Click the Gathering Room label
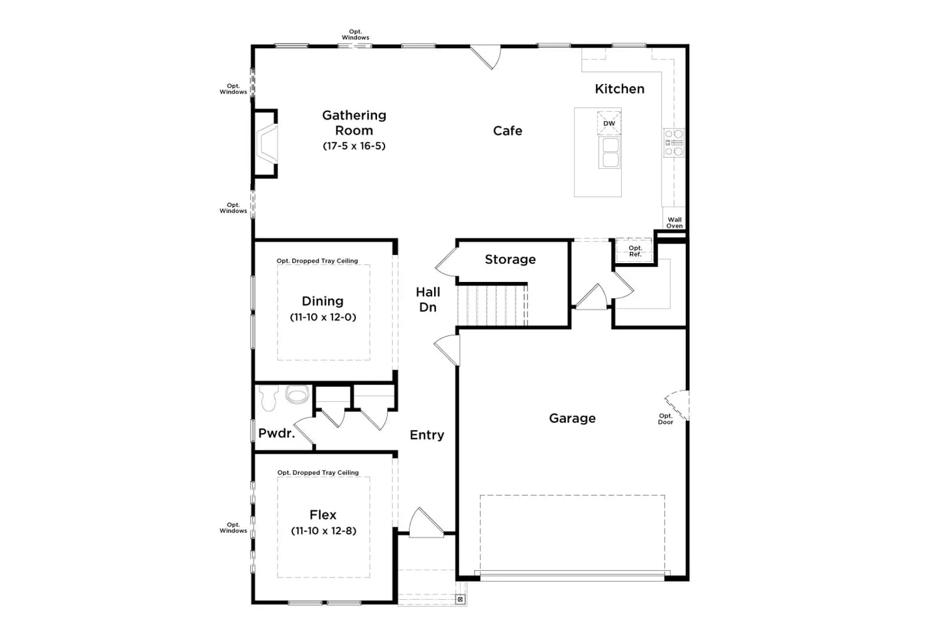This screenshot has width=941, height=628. [354, 122]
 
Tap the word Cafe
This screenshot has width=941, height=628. [508, 131]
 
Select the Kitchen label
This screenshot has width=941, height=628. [620, 89]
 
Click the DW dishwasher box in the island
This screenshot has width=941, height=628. [609, 123]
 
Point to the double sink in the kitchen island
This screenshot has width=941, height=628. [609, 152]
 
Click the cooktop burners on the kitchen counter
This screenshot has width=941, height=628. [674, 143]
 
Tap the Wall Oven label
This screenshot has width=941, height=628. [674, 222]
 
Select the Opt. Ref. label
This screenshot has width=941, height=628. [635, 251]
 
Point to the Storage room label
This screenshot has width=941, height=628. [510, 260]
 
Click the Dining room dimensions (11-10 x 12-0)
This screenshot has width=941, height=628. [323, 317]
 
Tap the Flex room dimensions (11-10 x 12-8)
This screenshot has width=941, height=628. [323, 531]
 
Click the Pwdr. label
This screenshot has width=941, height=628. [276, 433]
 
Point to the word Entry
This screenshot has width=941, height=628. [427, 434]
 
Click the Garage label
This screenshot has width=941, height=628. [572, 418]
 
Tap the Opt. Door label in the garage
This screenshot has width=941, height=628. [665, 418]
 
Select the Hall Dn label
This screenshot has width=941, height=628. [428, 300]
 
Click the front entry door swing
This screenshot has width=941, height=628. [426, 523]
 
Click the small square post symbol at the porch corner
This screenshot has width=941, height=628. [461, 599]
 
